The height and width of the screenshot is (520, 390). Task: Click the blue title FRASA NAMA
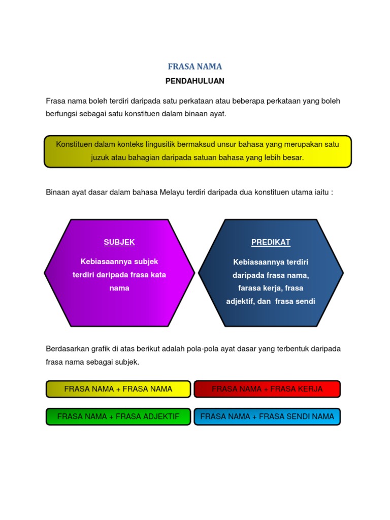195,67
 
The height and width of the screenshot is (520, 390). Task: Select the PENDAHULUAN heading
195,81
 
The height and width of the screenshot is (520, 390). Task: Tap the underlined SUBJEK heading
119,242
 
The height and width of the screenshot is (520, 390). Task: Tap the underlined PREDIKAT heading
271,242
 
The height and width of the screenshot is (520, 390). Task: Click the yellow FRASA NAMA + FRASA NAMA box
118,389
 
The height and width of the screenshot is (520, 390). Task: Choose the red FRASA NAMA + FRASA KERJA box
267,389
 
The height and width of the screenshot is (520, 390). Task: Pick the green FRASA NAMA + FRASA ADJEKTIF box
118,416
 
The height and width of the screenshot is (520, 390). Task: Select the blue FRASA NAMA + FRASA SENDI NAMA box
267,416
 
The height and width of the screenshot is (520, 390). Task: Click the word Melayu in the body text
174,192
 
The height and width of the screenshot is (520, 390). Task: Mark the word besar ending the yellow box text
294,157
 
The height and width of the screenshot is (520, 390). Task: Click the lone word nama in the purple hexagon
119,288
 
